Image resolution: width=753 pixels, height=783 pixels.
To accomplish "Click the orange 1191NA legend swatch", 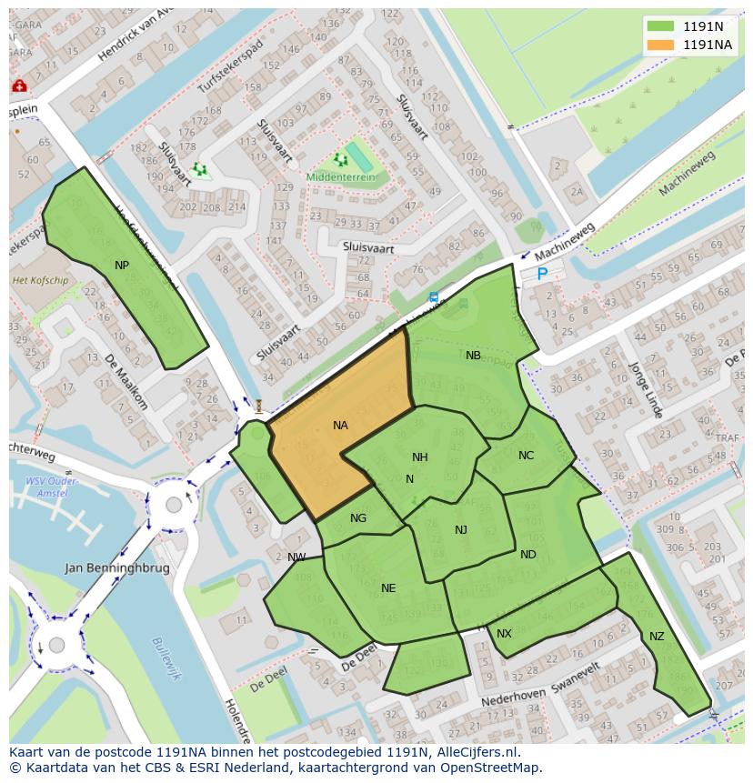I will pyautogui.click(x=661, y=45).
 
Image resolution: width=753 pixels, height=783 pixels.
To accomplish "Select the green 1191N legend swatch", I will pyautogui.click(x=661, y=26).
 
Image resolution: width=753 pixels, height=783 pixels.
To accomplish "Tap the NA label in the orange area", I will pyautogui.click(x=340, y=425).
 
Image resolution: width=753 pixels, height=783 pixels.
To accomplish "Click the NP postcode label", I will pyautogui.click(x=122, y=265).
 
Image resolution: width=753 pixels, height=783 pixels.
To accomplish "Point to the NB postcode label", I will pyautogui.click(x=473, y=356).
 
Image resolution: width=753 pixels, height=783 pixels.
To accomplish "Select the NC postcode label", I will pyautogui.click(x=526, y=456).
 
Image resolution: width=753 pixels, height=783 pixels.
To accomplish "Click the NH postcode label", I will pyautogui.click(x=419, y=457).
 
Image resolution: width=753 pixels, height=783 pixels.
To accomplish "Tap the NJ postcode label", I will pyautogui.click(x=461, y=530).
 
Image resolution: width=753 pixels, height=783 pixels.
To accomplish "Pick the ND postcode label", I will pyautogui.click(x=528, y=554).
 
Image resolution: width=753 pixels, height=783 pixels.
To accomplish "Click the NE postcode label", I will pyautogui.click(x=388, y=588).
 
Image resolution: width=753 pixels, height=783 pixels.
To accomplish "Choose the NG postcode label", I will pyautogui.click(x=358, y=518).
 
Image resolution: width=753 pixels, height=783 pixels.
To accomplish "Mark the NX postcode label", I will pyautogui.click(x=504, y=633).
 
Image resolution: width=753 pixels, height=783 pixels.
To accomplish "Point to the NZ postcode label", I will pyautogui.click(x=657, y=637).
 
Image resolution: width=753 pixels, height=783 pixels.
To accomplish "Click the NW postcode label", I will pyautogui.click(x=296, y=557).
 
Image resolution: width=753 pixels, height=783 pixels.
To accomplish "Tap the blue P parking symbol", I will pyautogui.click(x=543, y=273).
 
